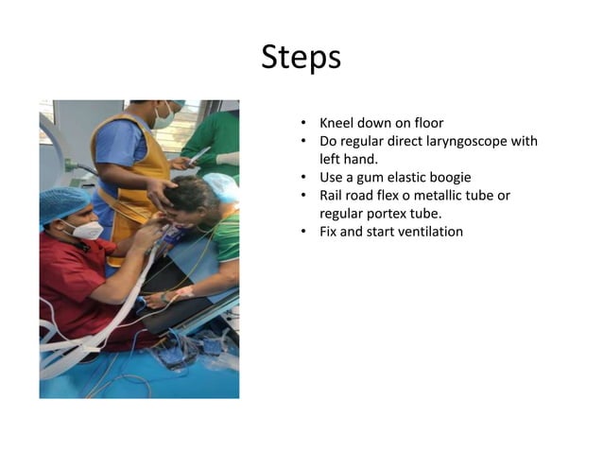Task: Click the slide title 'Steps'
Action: point(301,58)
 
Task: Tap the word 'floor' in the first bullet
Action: point(426,123)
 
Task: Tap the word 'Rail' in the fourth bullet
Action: point(334,195)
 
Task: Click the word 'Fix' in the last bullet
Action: point(330,231)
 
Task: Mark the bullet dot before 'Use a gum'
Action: point(303,178)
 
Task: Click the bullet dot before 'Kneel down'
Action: point(303,124)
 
